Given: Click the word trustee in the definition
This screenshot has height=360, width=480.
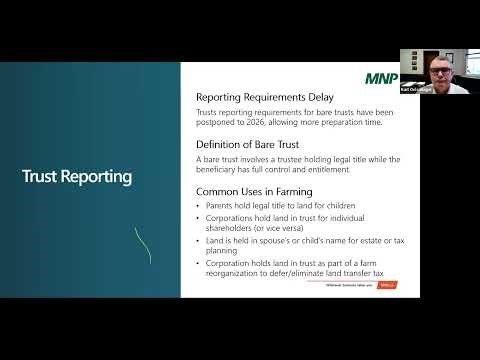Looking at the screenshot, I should click(x=276, y=159).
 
